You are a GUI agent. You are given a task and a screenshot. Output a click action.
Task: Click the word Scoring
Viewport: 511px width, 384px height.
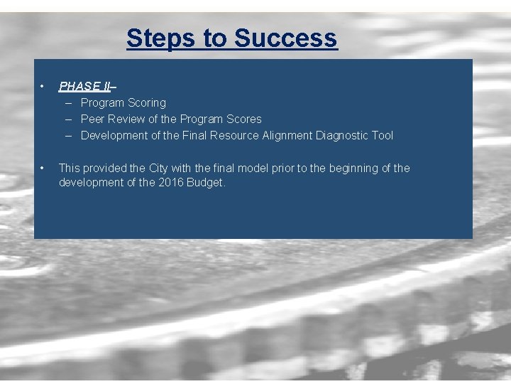coord(147,102)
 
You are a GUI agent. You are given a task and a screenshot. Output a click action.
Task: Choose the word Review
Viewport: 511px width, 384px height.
coord(126,119)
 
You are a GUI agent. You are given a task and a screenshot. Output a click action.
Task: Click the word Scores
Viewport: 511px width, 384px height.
coord(243,119)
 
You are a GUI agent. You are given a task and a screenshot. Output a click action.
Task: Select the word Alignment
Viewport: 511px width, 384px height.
coord(287,135)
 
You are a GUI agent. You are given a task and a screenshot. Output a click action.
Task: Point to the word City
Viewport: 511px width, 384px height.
coord(158,168)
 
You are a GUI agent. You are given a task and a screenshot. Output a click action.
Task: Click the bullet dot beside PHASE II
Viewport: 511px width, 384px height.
coord(43,87)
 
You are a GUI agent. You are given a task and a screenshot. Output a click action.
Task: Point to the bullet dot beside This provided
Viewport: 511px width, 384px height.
coord(43,169)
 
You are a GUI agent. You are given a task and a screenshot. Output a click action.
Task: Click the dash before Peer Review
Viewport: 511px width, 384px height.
coord(70,119)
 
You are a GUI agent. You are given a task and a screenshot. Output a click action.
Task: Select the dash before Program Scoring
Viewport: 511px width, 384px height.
coord(70,102)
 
